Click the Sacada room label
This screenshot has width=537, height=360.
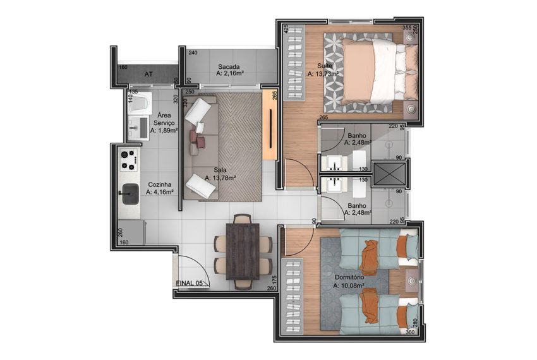[x=229, y=67]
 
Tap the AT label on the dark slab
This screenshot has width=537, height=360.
[x=148, y=74]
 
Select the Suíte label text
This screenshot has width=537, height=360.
[x=324, y=66]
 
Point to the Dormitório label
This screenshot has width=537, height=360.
[x=349, y=277]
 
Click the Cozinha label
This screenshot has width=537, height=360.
[x=160, y=184]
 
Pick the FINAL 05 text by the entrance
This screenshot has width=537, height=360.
[x=189, y=283]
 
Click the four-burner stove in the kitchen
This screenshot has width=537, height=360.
[x=128, y=160]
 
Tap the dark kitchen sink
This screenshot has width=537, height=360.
[x=131, y=193]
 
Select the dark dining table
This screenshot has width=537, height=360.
[x=243, y=251]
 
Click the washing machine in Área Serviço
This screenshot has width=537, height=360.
[x=140, y=101]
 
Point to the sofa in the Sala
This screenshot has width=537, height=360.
[x=201, y=148]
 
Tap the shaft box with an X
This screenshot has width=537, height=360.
[x=389, y=173]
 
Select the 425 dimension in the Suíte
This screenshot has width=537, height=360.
[x=286, y=29]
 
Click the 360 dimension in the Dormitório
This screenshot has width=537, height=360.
[x=409, y=332]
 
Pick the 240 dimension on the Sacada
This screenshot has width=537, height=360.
[x=193, y=53]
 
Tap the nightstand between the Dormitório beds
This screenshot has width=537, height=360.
[x=412, y=280]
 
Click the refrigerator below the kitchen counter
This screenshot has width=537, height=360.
[x=131, y=232]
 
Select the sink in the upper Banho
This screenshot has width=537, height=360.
[x=334, y=163]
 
